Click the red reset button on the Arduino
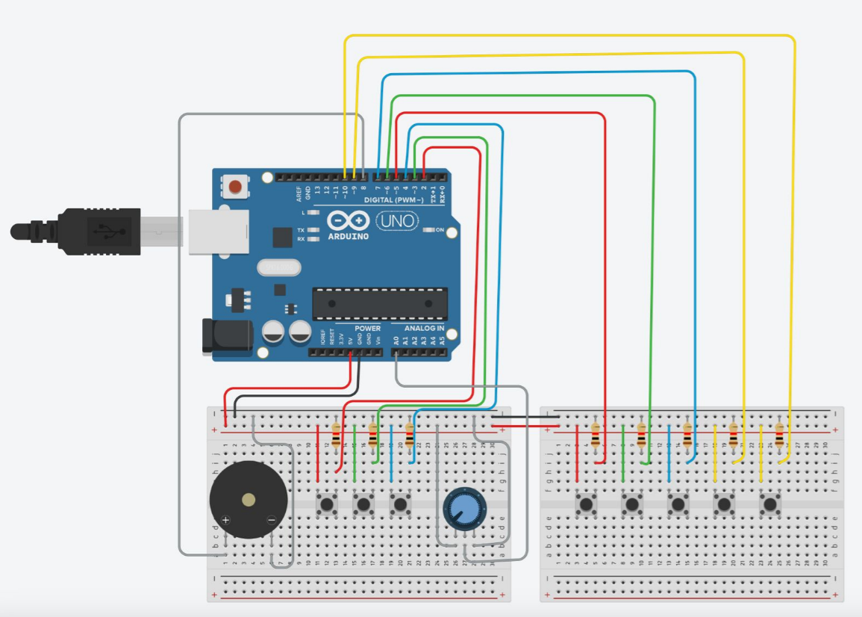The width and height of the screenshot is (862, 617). pos(237,186)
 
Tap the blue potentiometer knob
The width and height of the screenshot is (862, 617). pos(463,509)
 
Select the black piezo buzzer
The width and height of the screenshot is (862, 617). pos(249,500)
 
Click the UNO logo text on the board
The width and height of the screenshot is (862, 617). pos(396,221)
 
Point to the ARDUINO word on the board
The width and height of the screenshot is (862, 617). pos(349,236)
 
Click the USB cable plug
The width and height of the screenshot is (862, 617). pos(97,232)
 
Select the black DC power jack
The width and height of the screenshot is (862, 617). pos(225,335)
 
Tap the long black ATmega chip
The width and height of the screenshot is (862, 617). pos(380,303)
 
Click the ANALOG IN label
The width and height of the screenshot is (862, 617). pos(424,329)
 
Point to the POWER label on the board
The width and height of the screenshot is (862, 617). pos(367,329)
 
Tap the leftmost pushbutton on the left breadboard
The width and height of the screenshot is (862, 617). pos(326,504)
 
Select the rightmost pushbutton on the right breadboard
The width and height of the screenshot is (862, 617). pos(770,505)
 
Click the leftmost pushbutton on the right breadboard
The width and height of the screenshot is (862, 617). pos(586,505)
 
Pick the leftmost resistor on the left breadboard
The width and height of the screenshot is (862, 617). pos(336,434)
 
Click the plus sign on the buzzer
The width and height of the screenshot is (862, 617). pos(226,519)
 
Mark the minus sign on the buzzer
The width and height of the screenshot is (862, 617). pos(271,519)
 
